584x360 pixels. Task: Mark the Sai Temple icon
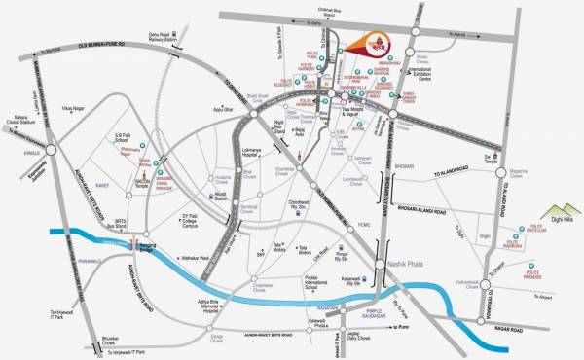[x=497, y=154]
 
